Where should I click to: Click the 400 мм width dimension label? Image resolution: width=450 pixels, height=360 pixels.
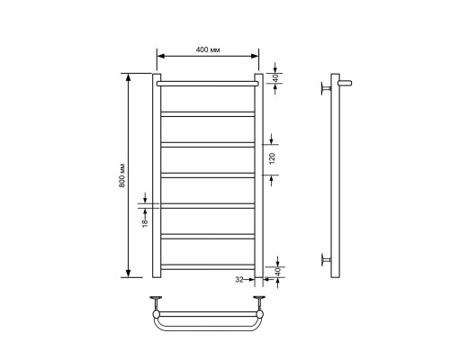[208, 49]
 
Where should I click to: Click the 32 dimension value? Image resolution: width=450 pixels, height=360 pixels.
[239, 279]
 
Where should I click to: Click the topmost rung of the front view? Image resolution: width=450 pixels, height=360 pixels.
[208, 83]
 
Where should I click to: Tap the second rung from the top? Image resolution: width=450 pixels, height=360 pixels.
[208, 112]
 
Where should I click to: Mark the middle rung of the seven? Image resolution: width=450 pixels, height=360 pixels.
[208, 174]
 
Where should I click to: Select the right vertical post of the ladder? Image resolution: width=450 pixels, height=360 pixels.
[259, 180]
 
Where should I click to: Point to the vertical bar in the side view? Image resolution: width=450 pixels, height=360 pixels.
[335, 171]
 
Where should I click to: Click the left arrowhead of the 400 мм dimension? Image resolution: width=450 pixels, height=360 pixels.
[160, 57]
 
